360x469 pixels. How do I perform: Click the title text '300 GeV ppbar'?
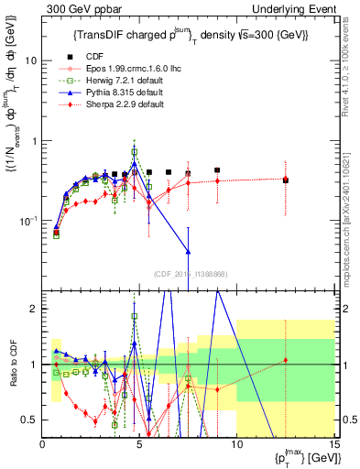pyautogui.click(x=78, y=8)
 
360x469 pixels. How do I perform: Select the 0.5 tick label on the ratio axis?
pyautogui.click(x=30, y=420)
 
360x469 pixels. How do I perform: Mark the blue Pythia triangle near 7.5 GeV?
pyautogui.click(x=188, y=251)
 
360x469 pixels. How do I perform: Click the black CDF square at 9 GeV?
pyautogui.click(x=217, y=170)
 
